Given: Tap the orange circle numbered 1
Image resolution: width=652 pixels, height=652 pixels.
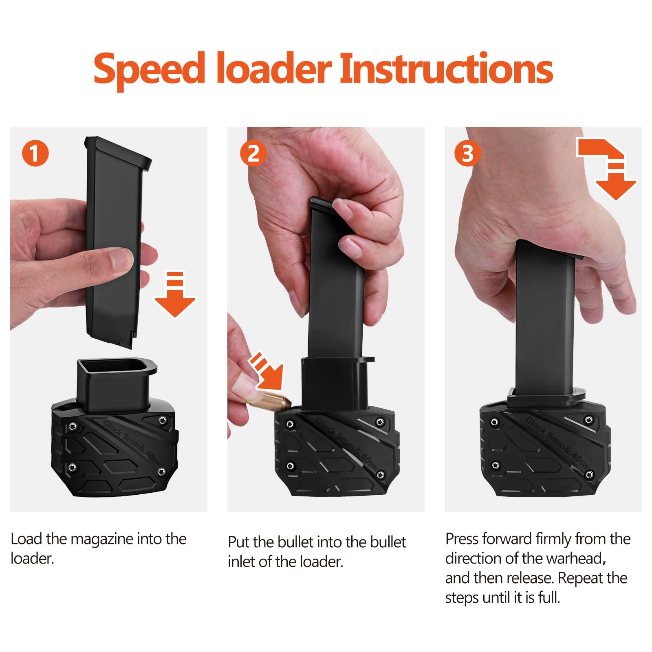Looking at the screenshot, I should pyautogui.click(x=35, y=153).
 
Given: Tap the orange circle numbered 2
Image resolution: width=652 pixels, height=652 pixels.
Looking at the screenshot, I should pyautogui.click(x=253, y=153).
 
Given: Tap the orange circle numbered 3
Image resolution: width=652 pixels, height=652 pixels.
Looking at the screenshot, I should pyautogui.click(x=467, y=153).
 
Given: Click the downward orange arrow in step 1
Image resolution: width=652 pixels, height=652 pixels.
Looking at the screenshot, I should pyautogui.click(x=175, y=295).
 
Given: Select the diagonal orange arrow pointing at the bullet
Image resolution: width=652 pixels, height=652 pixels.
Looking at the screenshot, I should pyautogui.click(x=267, y=371).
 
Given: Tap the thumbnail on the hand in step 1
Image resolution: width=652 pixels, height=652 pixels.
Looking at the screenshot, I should pyautogui.click(x=121, y=259).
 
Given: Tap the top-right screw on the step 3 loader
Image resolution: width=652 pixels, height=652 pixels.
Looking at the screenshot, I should pyautogui.click(x=589, y=420).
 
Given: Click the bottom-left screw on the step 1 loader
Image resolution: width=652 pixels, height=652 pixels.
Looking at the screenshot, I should pyautogui.click(x=72, y=467).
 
